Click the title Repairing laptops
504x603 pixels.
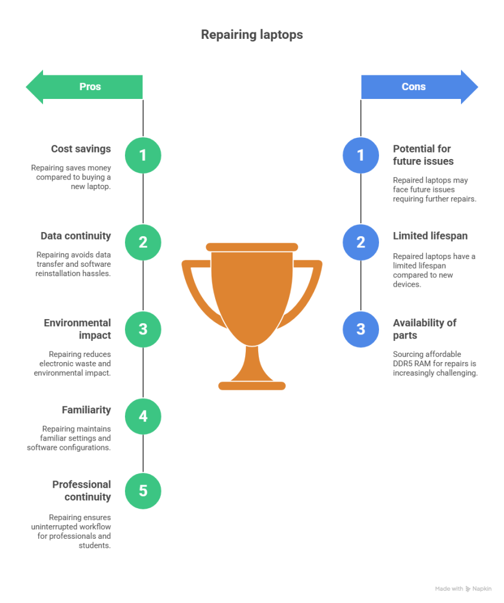pyautogui.click(x=252, y=35)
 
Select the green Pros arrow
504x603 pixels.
pyautogui.click(x=84, y=87)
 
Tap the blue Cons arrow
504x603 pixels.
pyautogui.click(x=419, y=87)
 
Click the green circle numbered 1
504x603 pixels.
pyautogui.click(x=143, y=155)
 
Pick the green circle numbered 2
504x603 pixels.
pyautogui.click(x=143, y=242)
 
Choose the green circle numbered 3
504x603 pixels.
pyautogui.click(x=143, y=329)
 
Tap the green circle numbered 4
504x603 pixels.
pyautogui.click(x=143, y=416)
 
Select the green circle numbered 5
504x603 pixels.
pyautogui.click(x=143, y=491)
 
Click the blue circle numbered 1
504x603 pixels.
pyautogui.click(x=361, y=155)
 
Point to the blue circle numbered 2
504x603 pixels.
pyautogui.click(x=361, y=242)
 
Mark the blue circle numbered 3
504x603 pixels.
pyautogui.click(x=361, y=329)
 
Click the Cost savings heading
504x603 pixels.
pyautogui.click(x=81, y=149)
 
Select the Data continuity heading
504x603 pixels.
pyautogui.click(x=75, y=236)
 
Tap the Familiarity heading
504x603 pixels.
pyautogui.click(x=86, y=410)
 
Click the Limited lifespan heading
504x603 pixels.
pyautogui.click(x=430, y=236)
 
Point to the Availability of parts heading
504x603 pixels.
pyautogui.click(x=424, y=329)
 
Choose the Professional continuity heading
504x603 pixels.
pyautogui.click(x=81, y=491)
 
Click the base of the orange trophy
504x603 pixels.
pyautogui.click(x=252, y=386)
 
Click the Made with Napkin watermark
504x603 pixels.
pyautogui.click(x=463, y=588)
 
